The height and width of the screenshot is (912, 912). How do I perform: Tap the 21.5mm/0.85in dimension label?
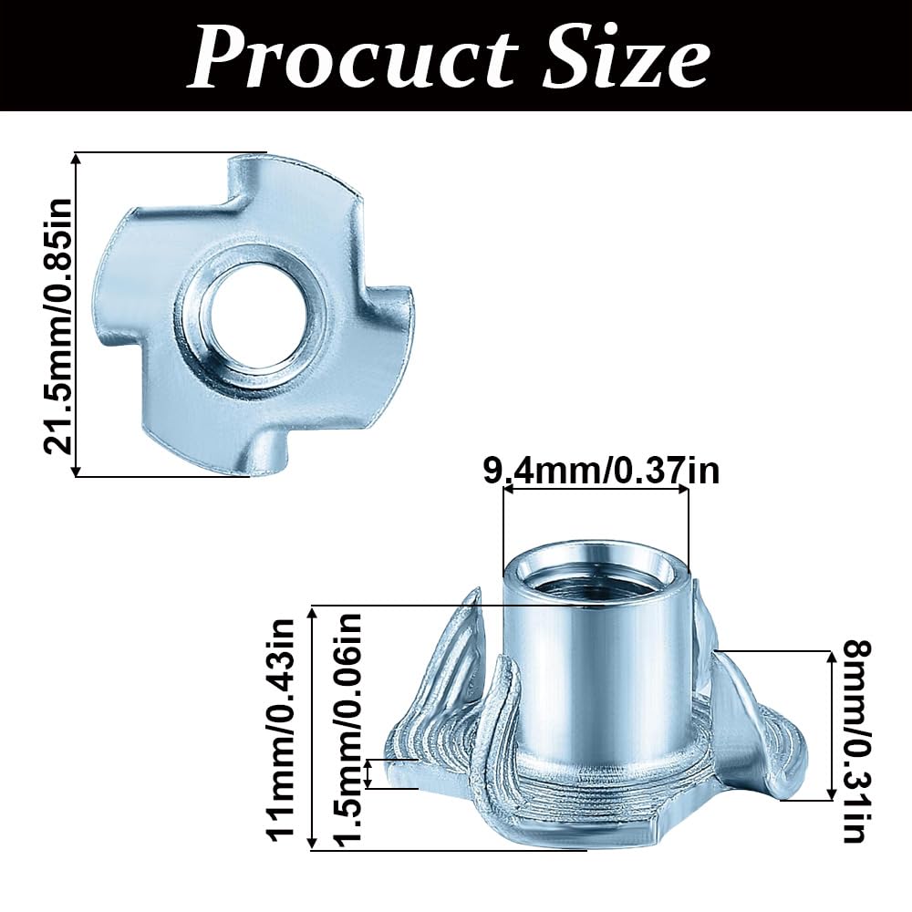57,315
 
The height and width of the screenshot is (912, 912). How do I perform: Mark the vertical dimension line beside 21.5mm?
77,315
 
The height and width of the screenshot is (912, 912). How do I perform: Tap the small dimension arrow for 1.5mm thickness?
368,773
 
